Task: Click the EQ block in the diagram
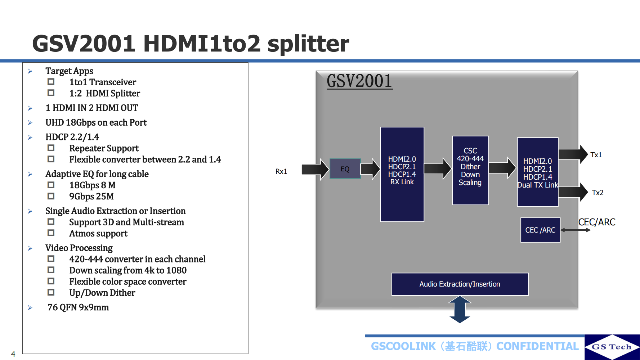point(345,169)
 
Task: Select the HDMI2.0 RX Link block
point(402,174)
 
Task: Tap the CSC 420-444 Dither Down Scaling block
point(470,170)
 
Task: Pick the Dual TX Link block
point(537,172)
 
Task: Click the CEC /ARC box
point(540,230)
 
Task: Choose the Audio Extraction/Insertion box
point(460,284)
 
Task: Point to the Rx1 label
point(281,171)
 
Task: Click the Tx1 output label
point(596,155)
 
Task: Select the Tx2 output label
point(598,193)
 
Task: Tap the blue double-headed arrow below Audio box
point(460,310)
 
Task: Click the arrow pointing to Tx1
point(573,154)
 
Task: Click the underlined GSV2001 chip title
point(359,81)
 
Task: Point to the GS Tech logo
point(612,347)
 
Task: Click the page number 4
point(13,354)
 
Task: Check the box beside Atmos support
point(51,233)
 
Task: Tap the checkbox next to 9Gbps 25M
point(51,196)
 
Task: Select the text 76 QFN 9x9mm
point(78,307)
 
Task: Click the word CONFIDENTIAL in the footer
point(537,346)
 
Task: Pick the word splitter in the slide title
point(308,44)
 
